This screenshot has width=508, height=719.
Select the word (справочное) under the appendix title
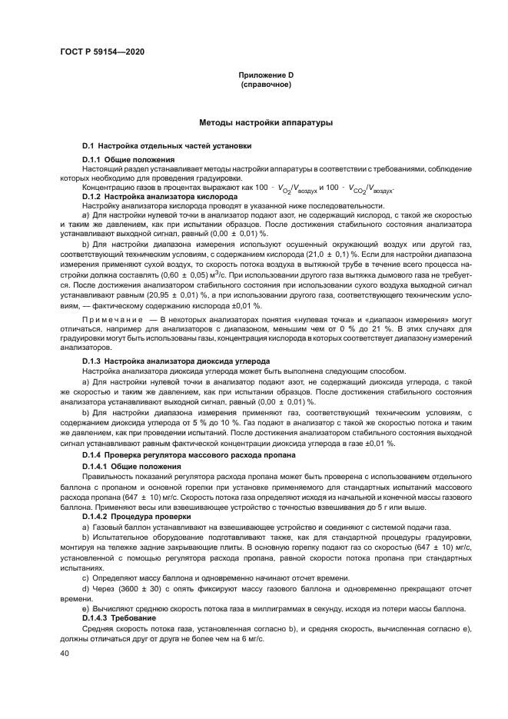[266, 84]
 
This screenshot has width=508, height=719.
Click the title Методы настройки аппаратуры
[265, 123]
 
